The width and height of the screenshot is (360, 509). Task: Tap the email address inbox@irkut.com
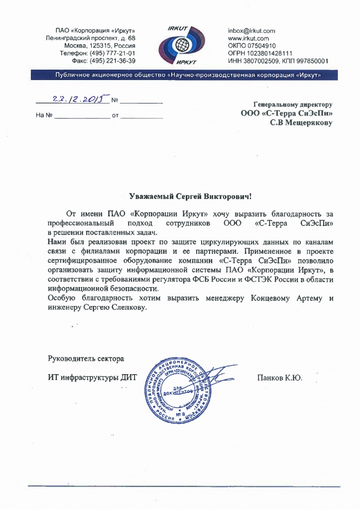click(251, 31)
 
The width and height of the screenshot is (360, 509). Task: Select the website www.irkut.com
click(248, 38)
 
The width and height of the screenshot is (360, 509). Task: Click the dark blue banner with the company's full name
click(180, 75)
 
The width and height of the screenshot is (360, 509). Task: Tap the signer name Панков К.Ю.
click(279, 378)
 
